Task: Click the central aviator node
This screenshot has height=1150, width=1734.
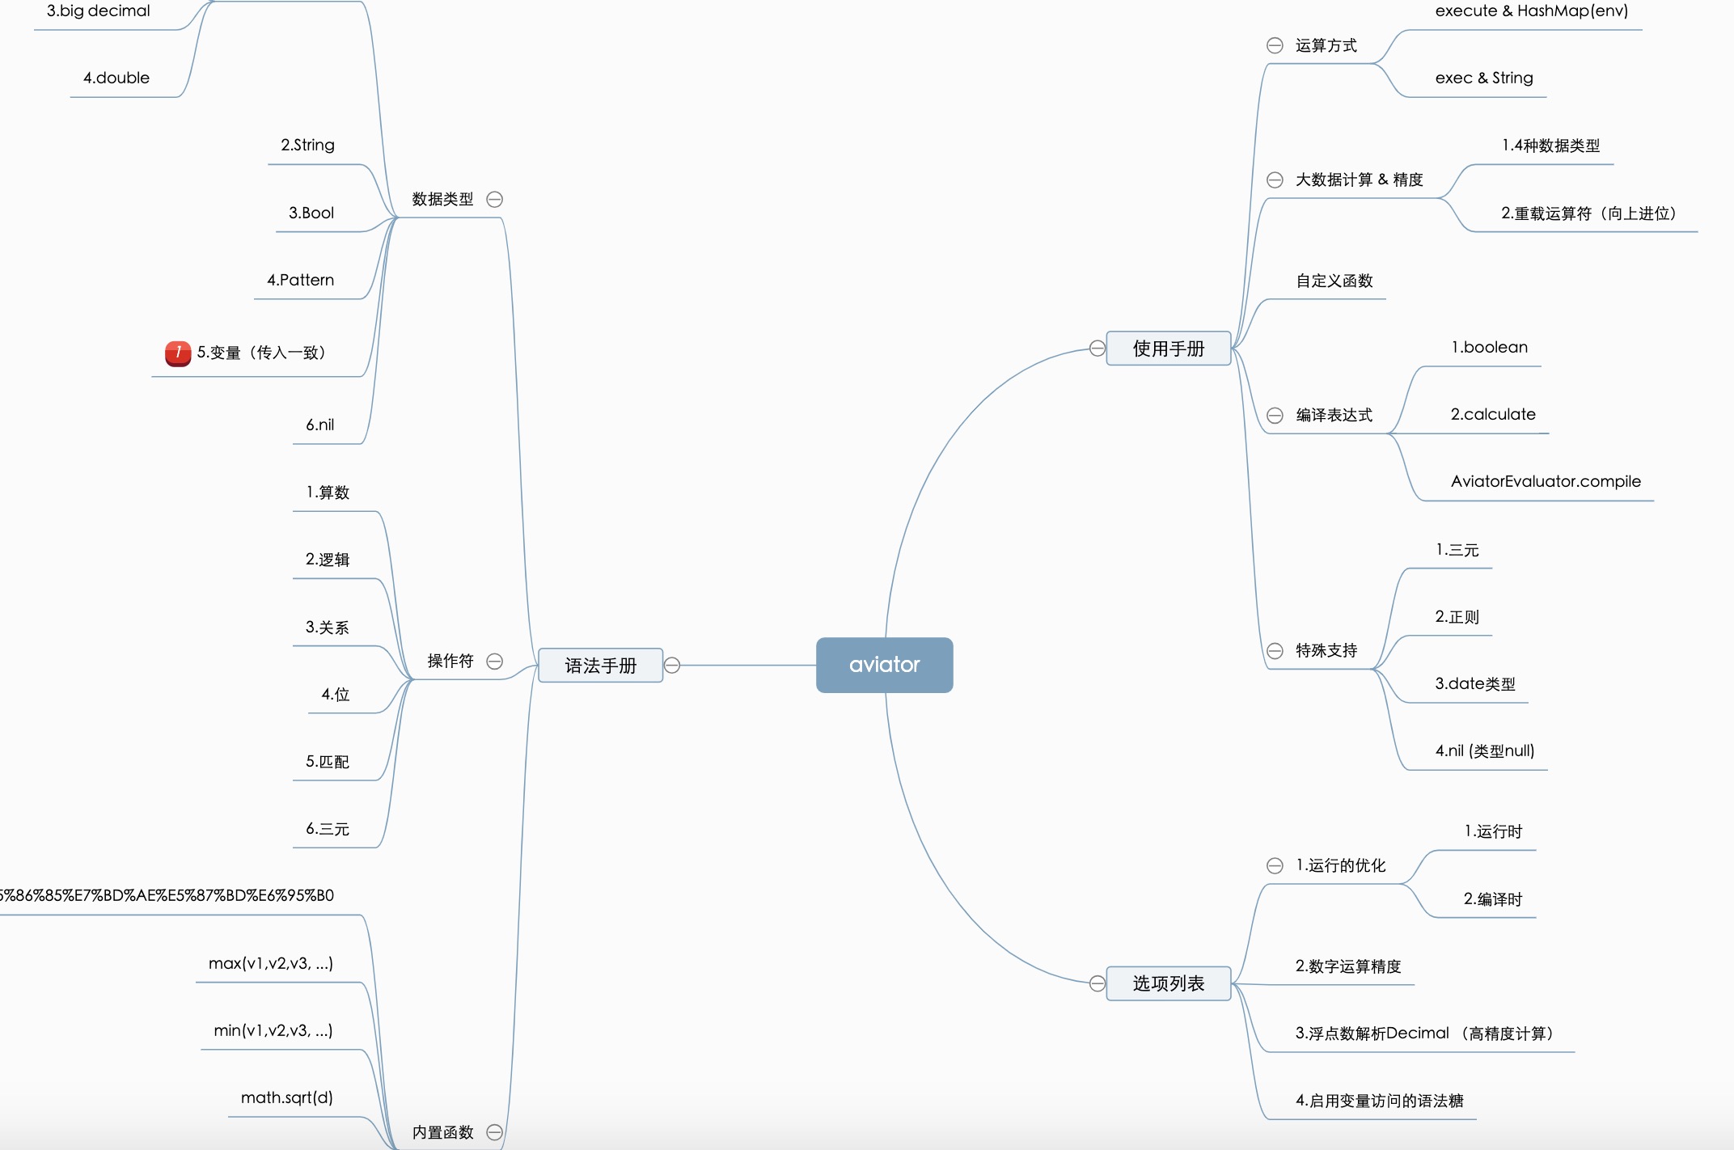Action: [x=884, y=665]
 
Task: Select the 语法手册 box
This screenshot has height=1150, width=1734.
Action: [x=600, y=666]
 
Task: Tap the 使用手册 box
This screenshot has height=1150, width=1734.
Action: [x=1168, y=349]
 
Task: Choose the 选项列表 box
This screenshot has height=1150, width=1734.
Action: [x=1168, y=983]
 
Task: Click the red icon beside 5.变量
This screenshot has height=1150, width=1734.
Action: [x=177, y=353]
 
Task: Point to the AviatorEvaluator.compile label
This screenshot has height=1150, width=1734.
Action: [x=1545, y=481]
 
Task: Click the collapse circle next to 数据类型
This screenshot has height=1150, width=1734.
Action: [x=495, y=199]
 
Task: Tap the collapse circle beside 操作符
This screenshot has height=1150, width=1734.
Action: [x=495, y=662]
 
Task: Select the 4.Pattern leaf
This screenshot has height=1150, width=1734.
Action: [x=300, y=280]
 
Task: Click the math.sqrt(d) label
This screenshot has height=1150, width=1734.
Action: [x=286, y=1097]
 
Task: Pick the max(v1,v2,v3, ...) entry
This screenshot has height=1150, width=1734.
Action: [x=270, y=963]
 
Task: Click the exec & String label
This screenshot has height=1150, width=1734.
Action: [x=1483, y=78]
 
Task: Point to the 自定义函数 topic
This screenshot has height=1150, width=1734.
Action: [x=1334, y=281]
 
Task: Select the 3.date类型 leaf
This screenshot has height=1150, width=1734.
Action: [x=1474, y=683]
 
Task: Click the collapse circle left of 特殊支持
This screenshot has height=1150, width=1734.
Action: [x=1275, y=651]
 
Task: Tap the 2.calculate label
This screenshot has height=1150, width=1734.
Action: [x=1492, y=414]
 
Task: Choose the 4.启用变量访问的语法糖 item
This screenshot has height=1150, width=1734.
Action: [x=1379, y=1101]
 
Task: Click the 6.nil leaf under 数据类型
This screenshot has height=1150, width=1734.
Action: [x=319, y=425]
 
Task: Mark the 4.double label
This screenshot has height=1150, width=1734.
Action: [x=116, y=78]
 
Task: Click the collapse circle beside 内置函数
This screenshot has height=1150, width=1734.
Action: [x=495, y=1132]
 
